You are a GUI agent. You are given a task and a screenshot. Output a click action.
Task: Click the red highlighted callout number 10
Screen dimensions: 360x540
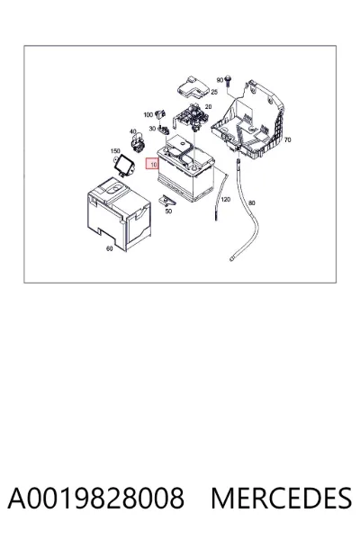click(x=154, y=165)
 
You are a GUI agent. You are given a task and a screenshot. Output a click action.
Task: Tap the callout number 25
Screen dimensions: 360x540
click(x=214, y=92)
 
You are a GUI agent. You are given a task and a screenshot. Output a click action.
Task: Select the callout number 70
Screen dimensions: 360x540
click(x=287, y=139)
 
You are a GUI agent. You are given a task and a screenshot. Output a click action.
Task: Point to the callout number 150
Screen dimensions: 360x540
click(x=115, y=151)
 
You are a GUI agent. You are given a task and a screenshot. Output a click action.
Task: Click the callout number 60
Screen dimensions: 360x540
click(x=109, y=248)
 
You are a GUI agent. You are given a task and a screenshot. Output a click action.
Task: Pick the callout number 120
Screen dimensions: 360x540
click(x=225, y=200)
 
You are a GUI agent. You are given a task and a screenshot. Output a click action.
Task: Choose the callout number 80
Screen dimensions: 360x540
click(x=252, y=202)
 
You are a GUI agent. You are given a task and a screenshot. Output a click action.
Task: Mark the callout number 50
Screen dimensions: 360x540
click(x=168, y=211)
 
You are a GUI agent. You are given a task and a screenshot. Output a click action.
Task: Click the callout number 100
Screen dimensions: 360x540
click(x=148, y=114)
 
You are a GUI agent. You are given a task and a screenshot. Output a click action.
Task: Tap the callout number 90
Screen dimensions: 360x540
click(x=220, y=80)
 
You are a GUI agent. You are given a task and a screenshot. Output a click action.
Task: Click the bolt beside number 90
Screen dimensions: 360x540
click(x=228, y=80)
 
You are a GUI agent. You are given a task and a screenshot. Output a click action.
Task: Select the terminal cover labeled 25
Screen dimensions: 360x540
click(x=193, y=88)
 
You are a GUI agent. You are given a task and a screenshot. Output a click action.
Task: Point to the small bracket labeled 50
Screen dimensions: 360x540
click(x=167, y=201)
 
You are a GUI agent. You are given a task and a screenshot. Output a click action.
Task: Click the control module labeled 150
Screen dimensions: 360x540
click(x=124, y=165)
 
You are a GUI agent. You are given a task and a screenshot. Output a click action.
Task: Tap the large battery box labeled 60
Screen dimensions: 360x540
click(x=119, y=214)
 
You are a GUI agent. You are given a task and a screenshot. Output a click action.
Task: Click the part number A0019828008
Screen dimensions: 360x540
click(x=95, y=498)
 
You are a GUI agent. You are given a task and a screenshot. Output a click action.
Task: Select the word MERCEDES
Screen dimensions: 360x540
click(x=282, y=498)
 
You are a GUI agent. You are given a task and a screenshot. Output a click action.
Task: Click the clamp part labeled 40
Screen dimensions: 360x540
click(x=138, y=144)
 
